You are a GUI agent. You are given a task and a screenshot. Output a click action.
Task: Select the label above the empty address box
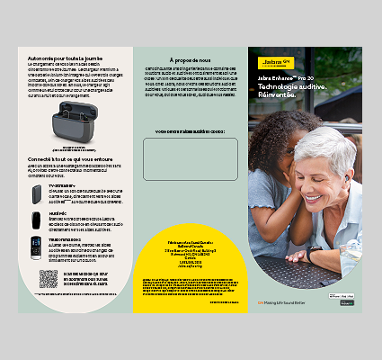tap(190, 131)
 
